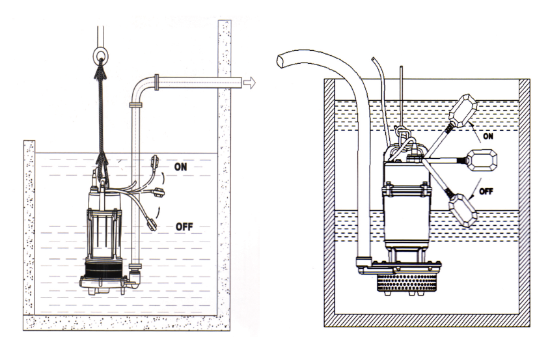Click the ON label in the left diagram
point(181,167)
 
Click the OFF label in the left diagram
point(184,227)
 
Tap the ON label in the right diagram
point(488,136)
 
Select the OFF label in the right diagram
point(486,191)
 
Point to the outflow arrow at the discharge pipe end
point(249,83)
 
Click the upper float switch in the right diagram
point(463,110)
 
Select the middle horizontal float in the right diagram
point(483,160)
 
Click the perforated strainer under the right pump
point(407,283)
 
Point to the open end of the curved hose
point(282,61)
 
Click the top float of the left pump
point(154,161)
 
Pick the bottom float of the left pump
point(151,224)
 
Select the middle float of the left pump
point(159,192)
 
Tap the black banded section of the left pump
point(103,271)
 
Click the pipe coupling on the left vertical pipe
point(136,105)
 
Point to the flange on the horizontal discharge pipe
point(157,83)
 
